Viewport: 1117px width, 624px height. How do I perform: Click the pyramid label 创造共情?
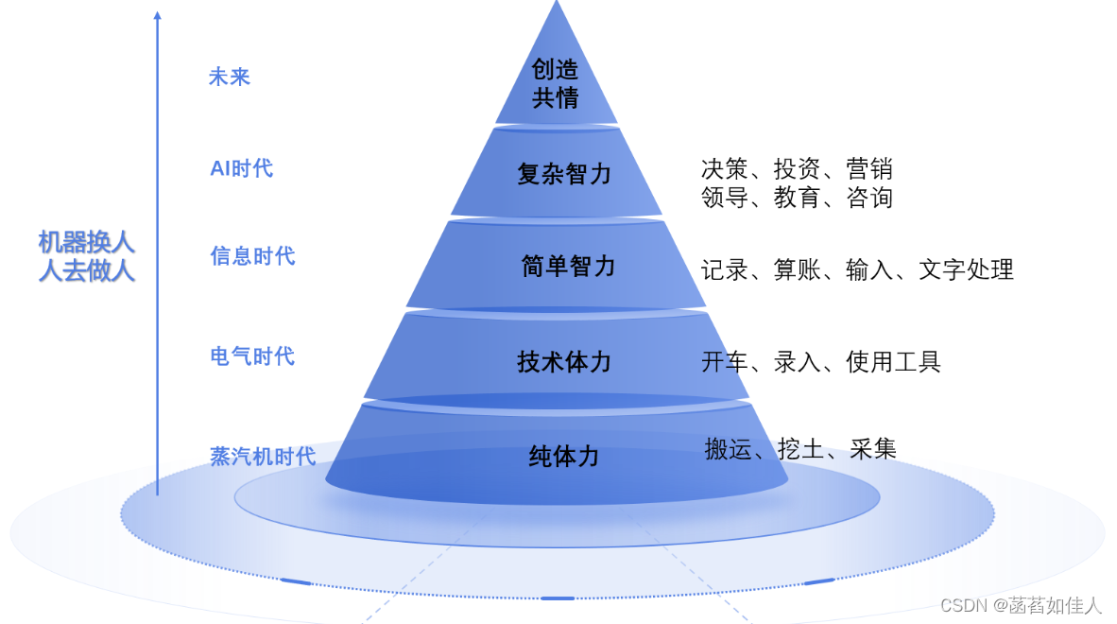[x=556, y=83]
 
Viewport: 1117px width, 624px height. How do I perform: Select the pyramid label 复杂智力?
[x=564, y=174]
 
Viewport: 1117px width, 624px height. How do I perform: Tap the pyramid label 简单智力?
[x=568, y=267]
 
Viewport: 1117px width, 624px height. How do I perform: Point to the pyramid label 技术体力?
[x=564, y=361]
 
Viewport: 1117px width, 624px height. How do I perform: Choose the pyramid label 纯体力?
[x=564, y=457]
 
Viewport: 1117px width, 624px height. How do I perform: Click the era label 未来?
[x=230, y=77]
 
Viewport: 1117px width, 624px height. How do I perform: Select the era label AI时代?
[x=241, y=168]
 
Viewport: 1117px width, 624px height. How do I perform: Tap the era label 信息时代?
[x=252, y=256]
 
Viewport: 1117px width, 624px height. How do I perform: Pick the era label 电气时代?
[x=252, y=356]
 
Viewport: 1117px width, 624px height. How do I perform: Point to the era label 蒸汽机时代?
[x=263, y=456]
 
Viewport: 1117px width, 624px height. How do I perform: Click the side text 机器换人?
[x=86, y=242]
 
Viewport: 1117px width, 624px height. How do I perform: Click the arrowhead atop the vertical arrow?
[x=157, y=15]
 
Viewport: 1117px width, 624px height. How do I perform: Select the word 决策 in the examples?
[x=725, y=169]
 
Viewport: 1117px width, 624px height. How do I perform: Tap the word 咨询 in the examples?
[x=869, y=198]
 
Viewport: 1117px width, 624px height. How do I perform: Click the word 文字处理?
[x=966, y=269]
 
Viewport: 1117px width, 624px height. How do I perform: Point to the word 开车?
[x=725, y=362]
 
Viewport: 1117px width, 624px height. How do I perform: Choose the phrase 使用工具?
[x=893, y=362]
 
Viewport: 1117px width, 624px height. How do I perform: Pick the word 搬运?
[x=728, y=449]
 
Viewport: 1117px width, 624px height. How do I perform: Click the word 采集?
[x=873, y=449]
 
